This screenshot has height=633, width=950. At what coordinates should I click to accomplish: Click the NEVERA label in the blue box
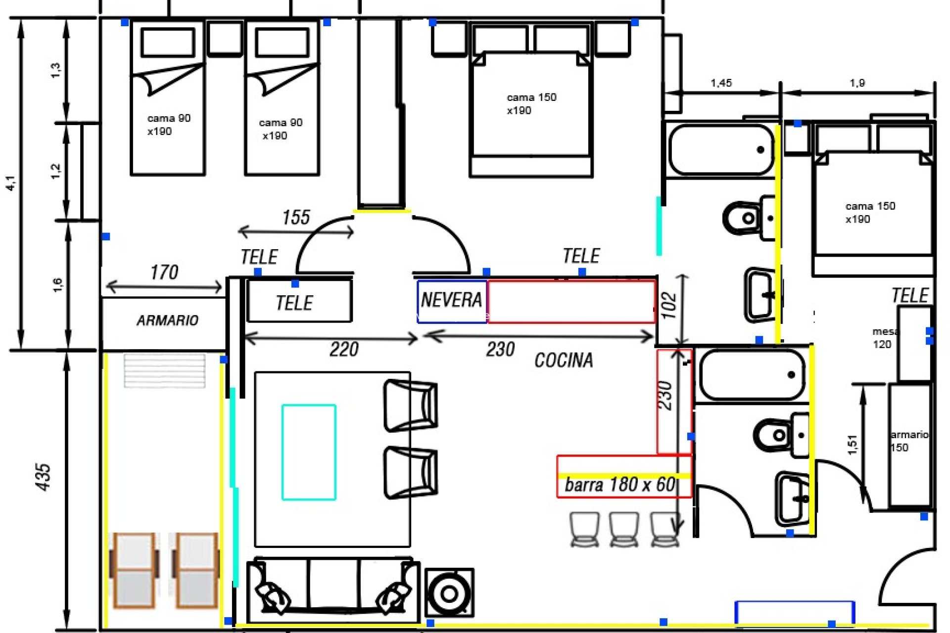[x=451, y=300]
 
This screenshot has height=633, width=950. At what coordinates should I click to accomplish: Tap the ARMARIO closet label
[x=167, y=320]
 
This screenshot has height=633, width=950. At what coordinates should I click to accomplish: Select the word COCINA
[x=564, y=360]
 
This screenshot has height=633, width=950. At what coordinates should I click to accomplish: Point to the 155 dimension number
[x=296, y=218]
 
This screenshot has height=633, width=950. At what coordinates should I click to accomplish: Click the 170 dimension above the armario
[x=164, y=272]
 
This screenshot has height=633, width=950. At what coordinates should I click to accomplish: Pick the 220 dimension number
[x=344, y=350]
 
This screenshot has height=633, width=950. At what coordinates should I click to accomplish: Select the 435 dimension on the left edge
[x=44, y=477]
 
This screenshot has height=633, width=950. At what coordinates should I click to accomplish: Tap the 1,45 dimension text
[x=721, y=83]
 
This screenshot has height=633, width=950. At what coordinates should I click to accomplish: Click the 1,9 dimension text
[x=857, y=83]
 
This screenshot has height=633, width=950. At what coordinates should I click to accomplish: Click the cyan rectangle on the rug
[x=309, y=452]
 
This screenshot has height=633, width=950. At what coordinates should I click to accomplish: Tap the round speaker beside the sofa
[x=449, y=593]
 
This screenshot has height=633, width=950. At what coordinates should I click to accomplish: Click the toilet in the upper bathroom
[x=745, y=218]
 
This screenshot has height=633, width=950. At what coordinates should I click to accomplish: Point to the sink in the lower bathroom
[x=792, y=498]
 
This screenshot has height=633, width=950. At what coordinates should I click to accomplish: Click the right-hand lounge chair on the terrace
[x=195, y=570]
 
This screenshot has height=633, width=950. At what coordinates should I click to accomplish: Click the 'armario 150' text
[x=908, y=441]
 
